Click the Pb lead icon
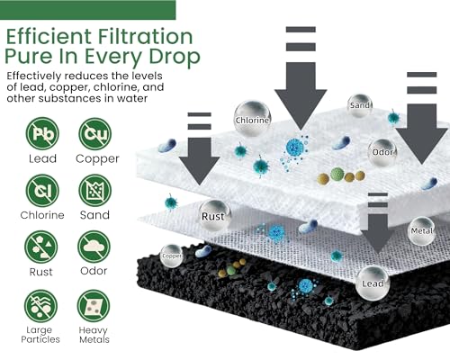pyautogui.click(x=42, y=133)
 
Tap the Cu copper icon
pyautogui.click(x=95, y=133)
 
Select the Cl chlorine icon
pyautogui.click(x=42, y=191)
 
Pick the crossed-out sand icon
pyautogui.click(x=95, y=191)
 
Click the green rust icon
pyautogui.click(x=40, y=247)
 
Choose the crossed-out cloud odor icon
pyautogui.click(x=94, y=247)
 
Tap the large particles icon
pyautogui.click(x=40, y=306)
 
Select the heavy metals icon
pyautogui.click(x=94, y=306)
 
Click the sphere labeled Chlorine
pyautogui.click(x=252, y=119)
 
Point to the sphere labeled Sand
pyautogui.click(x=359, y=105)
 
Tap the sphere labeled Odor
pyautogui.click(x=382, y=152)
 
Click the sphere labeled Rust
pyautogui.click(x=214, y=215)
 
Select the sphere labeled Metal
pyautogui.click(x=421, y=230)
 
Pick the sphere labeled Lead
pyautogui.click(x=373, y=283)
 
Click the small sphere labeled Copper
pyautogui.click(x=172, y=256)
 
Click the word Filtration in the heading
pyautogui.click(x=145, y=37)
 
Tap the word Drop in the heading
pyautogui.click(x=175, y=57)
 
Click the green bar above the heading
pyautogui.click(x=88, y=10)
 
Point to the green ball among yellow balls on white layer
pyautogui.click(x=337, y=175)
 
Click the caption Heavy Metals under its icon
pyautogui.click(x=94, y=335)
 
